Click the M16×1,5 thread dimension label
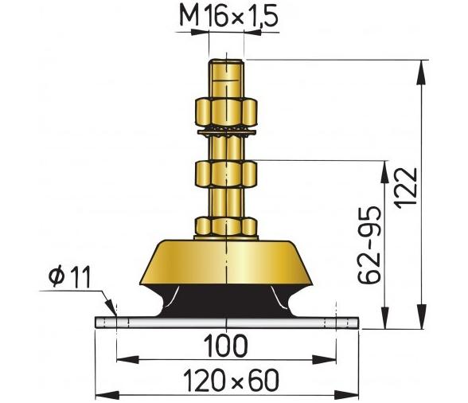point(229,17)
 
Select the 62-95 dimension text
point(369,245)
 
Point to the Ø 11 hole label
point(69,276)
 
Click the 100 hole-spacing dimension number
point(225,346)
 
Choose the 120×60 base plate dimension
point(231,380)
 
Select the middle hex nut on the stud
point(226,174)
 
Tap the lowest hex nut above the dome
point(226,227)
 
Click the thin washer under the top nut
point(227,131)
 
